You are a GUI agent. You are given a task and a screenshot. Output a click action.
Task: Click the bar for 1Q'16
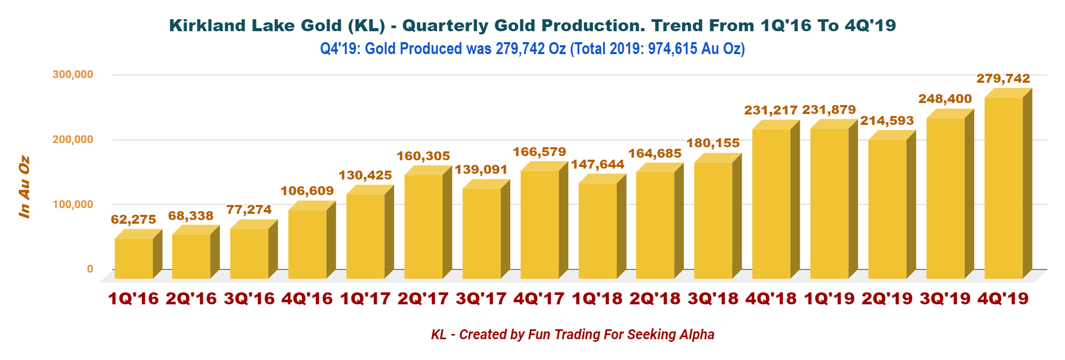pos(134,258)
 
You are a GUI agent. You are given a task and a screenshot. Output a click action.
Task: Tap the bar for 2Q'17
pos(423,226)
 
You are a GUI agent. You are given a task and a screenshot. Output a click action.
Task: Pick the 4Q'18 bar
pos(771,203)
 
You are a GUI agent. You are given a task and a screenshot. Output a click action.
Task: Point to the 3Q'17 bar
pos(482,233)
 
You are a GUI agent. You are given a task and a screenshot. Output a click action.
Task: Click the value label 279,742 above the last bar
pos(1003,79)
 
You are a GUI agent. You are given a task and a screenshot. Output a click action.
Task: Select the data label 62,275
pos(134,220)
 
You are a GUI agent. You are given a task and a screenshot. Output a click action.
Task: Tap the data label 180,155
pos(713,143)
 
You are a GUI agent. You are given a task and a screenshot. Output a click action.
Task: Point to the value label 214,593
pos(887,121)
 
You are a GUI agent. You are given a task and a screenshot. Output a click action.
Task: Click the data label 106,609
pos(307,191)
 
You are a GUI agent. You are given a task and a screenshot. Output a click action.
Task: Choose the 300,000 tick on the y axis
pos(73,74)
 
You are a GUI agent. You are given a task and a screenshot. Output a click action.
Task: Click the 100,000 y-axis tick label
pos(73,204)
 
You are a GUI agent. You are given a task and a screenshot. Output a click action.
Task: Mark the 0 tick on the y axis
pos(90,269)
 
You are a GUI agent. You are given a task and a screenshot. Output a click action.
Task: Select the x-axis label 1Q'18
pos(597,299)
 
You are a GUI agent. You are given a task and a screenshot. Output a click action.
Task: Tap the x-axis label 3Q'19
pos(945,299)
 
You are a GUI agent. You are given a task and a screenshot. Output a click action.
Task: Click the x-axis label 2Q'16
pos(191,299)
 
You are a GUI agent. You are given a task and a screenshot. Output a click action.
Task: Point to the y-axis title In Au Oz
pos(24,187)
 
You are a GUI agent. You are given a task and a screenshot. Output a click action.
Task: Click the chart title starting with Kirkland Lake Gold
pos(532,25)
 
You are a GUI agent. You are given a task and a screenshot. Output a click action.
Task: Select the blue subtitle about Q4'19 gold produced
pos(532,49)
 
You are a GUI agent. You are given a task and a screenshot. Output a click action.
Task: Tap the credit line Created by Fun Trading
pos(573,335)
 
